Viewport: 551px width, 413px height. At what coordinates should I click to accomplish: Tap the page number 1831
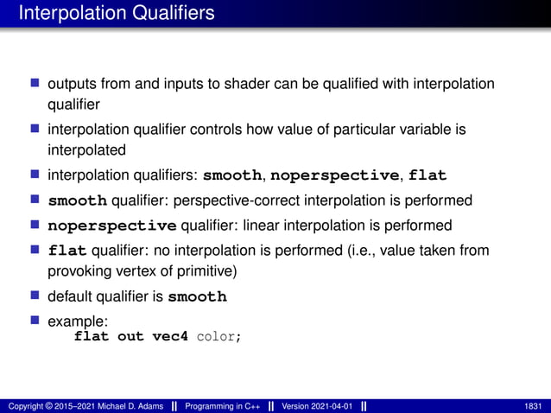pyautogui.click(x=534, y=406)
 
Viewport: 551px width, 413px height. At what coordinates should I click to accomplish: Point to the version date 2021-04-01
pyautogui.click(x=332, y=406)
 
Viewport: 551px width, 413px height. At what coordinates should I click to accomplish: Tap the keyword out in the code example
pyautogui.click(x=130, y=336)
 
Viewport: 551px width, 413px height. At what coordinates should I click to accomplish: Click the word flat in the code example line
pyautogui.click(x=92, y=336)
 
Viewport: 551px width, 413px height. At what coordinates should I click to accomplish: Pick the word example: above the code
pyautogui.click(x=77, y=321)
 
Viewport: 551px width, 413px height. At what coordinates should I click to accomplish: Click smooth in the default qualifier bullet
pyautogui.click(x=197, y=297)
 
